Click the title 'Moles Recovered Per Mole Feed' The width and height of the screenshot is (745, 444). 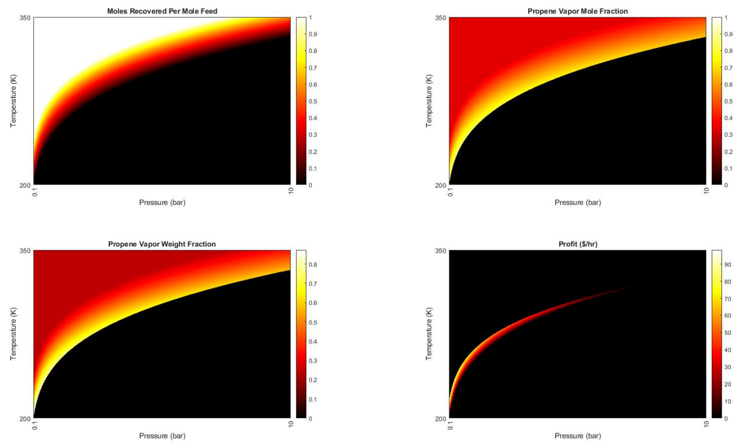tap(162, 11)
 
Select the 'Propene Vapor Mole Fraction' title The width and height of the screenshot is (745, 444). tap(577, 11)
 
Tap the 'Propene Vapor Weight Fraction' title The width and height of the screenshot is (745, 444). tap(162, 244)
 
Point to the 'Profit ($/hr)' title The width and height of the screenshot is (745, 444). tap(577, 244)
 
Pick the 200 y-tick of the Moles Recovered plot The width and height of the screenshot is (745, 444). tap(26, 185)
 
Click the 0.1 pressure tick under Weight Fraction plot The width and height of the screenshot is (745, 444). tap(34, 427)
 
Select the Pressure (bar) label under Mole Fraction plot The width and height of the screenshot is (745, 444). tap(577, 203)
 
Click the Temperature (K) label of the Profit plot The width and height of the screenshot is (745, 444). tap(429, 334)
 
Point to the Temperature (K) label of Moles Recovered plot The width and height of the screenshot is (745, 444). tap(14, 101)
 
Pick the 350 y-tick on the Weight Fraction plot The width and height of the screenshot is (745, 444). tap(26, 251)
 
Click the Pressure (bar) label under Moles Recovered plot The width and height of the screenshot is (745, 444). tap(162, 203)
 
